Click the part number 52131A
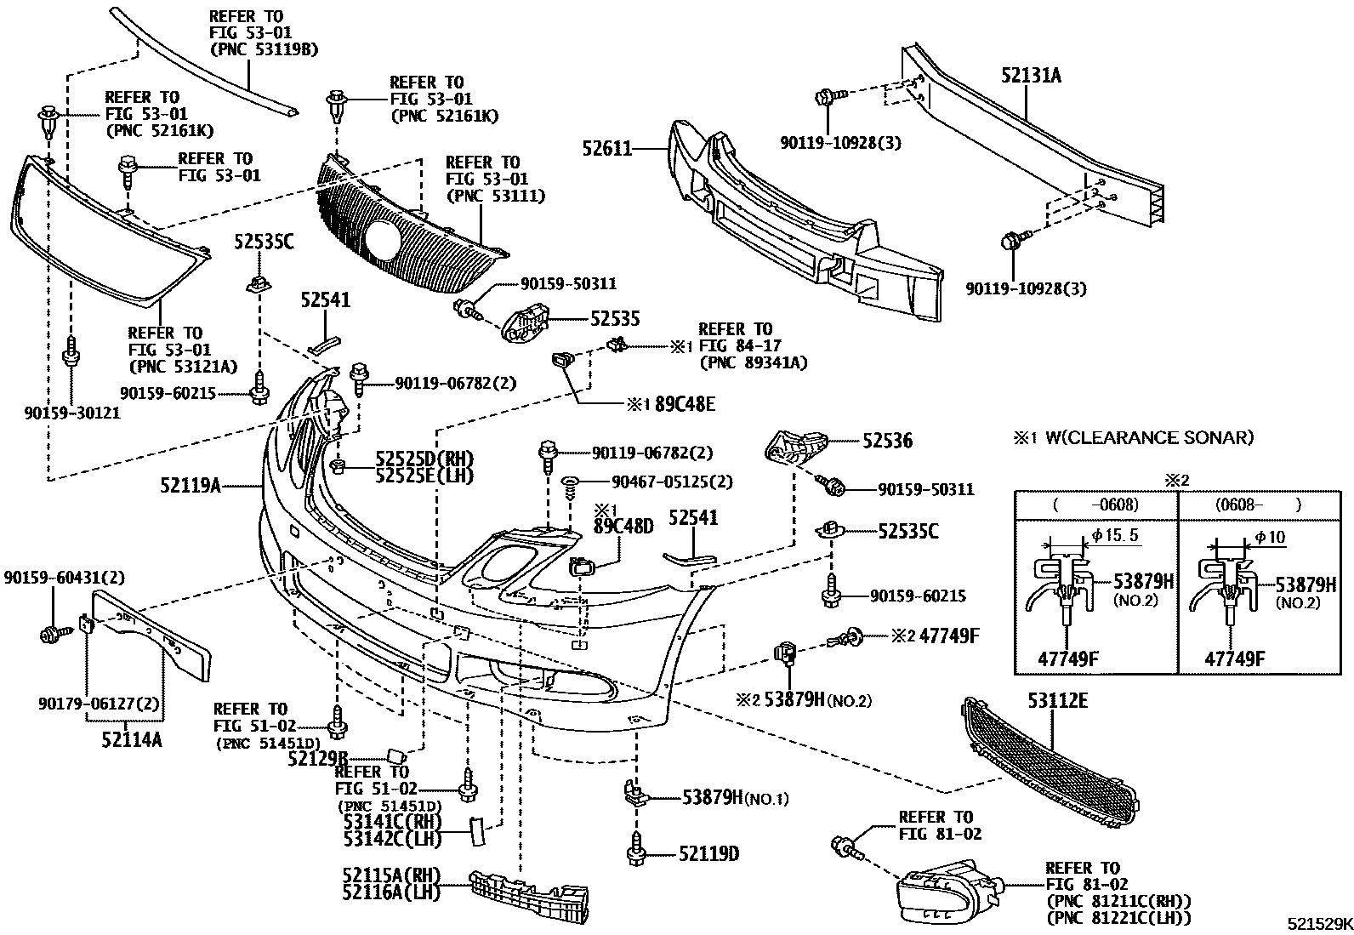(1031, 76)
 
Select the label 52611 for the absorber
(607, 149)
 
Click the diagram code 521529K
(1317, 923)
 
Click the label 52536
(887, 441)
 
